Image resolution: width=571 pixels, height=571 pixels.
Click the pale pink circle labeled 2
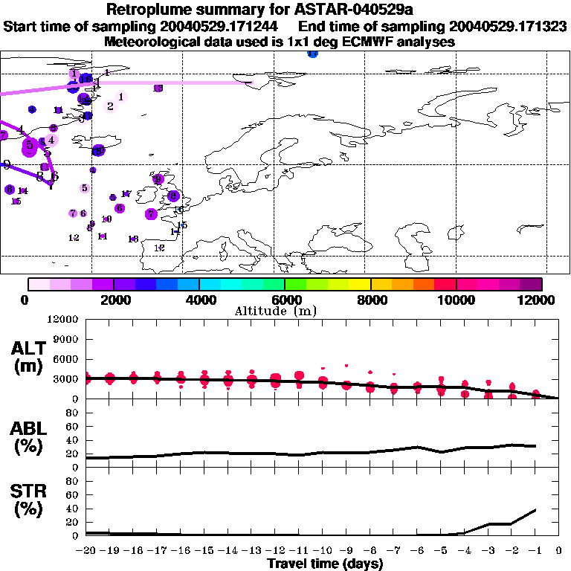coord(111,106)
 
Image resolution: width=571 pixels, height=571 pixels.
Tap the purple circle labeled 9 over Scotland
coord(158,179)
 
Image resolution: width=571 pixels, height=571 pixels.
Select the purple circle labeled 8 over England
coord(173,196)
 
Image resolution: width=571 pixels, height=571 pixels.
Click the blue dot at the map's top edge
coord(312,54)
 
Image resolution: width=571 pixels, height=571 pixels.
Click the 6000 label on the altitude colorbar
coord(285,300)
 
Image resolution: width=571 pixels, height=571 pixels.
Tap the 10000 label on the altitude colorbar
coord(456,300)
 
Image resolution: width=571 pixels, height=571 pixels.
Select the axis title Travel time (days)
coord(325,564)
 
